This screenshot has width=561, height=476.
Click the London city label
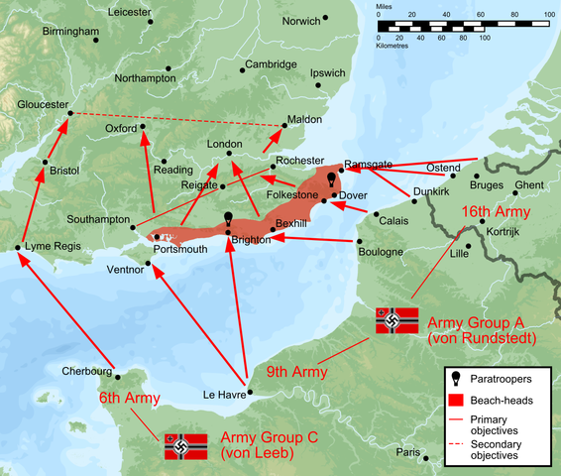coord(224,144)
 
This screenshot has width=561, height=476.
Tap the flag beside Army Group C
coord(184,446)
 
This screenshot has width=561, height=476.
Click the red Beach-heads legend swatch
coord(457,400)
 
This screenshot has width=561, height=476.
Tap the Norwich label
coord(302,20)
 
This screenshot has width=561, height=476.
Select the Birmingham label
coord(71,32)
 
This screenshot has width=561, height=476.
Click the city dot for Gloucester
coord(69,113)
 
